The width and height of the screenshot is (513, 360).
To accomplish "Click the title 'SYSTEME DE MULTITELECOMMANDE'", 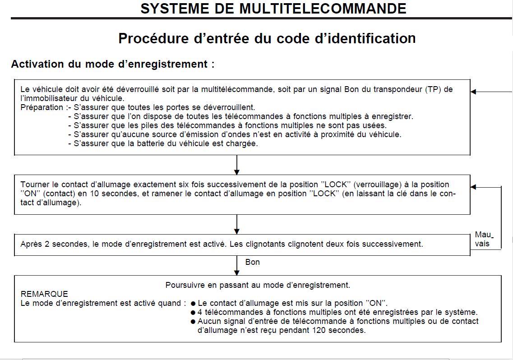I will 273,9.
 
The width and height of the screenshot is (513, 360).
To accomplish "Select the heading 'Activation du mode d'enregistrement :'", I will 112,64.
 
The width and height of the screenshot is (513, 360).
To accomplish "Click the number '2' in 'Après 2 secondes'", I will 47,244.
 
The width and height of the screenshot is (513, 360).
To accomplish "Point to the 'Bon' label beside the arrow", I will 252,262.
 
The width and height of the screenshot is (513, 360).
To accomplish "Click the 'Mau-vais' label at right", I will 483,239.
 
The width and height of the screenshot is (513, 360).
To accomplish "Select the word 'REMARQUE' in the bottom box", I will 44,294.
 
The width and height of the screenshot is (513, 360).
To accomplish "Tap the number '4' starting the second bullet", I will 199,312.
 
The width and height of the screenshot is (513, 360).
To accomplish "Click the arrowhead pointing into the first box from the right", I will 473,92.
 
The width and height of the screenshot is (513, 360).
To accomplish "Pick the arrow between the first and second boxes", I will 237,165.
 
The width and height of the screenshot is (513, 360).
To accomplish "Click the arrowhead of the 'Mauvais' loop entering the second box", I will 473,187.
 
